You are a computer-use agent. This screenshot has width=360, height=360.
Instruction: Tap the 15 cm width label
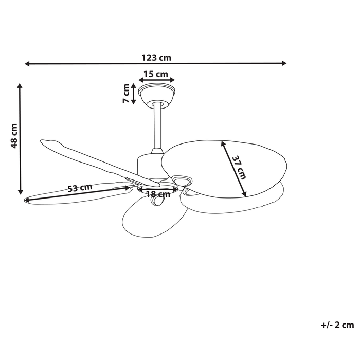tap(155, 74)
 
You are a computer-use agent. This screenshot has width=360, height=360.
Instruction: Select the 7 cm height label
tap(125, 94)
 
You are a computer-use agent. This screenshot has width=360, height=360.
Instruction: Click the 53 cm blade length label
tap(79, 188)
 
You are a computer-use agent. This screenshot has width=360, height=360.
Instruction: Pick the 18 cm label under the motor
tap(158, 194)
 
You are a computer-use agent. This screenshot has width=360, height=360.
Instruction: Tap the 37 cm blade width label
tap(239, 167)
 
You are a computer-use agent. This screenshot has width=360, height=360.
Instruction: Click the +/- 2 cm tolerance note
tap(337, 325)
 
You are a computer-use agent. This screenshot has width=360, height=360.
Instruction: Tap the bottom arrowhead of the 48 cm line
tap(21, 191)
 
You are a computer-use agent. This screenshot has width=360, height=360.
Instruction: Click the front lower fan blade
tap(149, 219)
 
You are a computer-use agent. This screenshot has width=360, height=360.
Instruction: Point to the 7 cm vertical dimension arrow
tap(134, 94)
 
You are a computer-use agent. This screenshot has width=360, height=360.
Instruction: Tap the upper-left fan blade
tap(87, 159)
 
